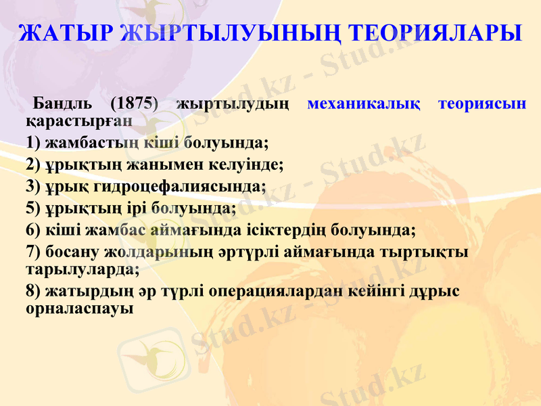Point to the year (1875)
[134, 105]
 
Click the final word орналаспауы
[79, 308]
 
